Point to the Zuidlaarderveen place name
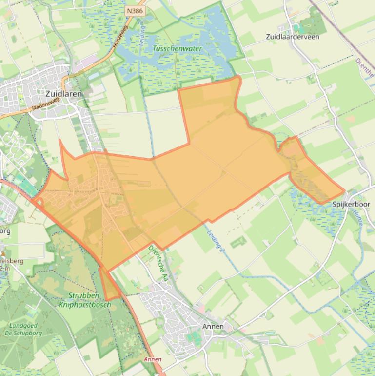[x=293, y=37]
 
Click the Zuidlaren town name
[x=63, y=93]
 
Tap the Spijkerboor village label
[x=351, y=204]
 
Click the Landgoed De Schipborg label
[x=26, y=329]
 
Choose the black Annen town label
[x=213, y=326]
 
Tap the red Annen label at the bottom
[x=153, y=359]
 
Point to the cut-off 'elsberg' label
[x=11, y=261]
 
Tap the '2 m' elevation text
[x=5, y=269]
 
